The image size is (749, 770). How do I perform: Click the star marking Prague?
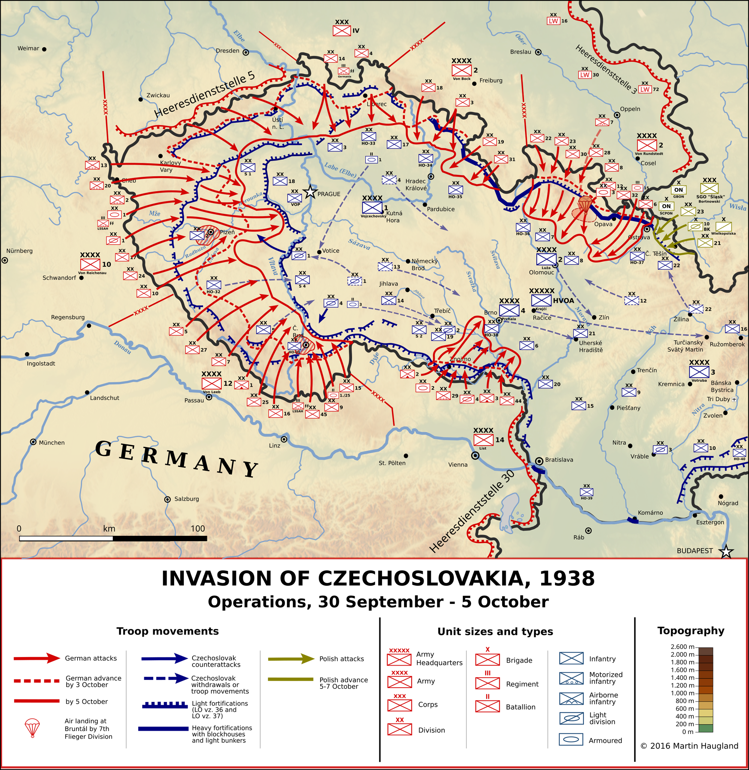[310, 192]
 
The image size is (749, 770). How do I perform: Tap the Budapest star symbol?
[726, 551]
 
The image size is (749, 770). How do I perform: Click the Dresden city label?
[227, 51]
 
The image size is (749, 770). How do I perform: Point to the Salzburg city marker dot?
[167, 499]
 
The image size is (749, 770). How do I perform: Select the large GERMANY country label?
[177, 459]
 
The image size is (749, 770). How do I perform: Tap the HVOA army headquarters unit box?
[541, 301]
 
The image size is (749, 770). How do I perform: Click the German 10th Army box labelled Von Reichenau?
[90, 265]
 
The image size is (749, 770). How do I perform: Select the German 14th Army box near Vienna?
[483, 440]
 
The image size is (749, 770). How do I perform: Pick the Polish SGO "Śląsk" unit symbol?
[709, 188]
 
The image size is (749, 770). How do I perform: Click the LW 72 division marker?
[645, 90]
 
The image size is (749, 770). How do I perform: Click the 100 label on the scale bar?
[198, 529]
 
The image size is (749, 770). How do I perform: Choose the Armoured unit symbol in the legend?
[571, 739]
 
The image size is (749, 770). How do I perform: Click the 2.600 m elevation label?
[682, 647]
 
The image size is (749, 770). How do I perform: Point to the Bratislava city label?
[559, 460]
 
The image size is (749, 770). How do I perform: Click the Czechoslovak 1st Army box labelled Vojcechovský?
[372, 207]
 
